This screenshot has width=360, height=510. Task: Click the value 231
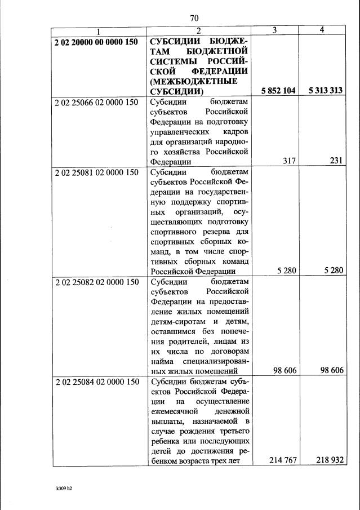click(x=336, y=161)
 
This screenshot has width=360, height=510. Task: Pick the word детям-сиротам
click(x=176, y=321)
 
